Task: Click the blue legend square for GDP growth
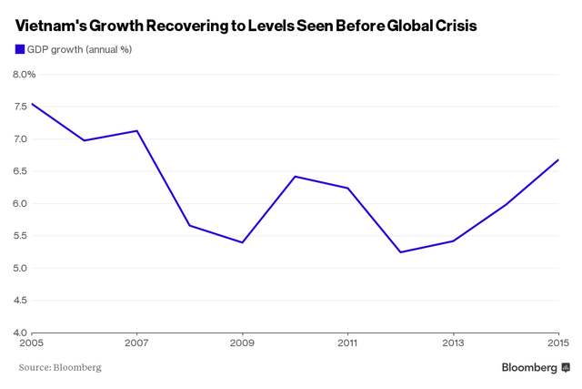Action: click(21, 49)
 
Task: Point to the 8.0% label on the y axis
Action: click(23, 74)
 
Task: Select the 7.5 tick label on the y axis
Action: click(19, 107)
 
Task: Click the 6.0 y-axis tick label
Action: click(19, 203)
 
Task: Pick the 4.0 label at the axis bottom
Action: click(19, 332)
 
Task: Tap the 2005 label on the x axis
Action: click(32, 343)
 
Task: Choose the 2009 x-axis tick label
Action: click(242, 343)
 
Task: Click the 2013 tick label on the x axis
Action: click(453, 343)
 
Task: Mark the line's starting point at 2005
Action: click(32, 103)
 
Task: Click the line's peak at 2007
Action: click(136, 130)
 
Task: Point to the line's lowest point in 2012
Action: click(400, 252)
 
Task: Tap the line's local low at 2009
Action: click(242, 242)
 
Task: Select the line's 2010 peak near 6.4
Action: click(295, 176)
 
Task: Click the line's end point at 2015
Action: click(557, 160)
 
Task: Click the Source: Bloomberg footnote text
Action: click(60, 367)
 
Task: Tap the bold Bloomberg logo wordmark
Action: click(529, 367)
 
